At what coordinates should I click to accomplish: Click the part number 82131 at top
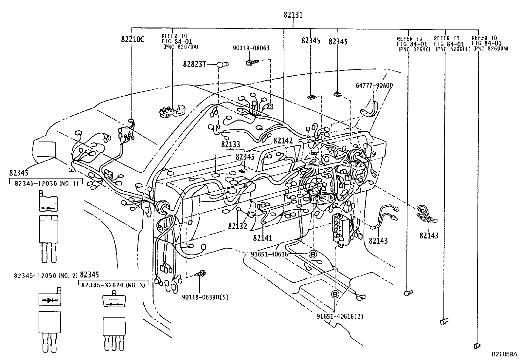293,15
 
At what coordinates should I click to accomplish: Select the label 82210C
133,40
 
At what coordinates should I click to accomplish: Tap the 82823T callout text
194,64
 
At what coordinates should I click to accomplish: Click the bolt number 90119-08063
251,48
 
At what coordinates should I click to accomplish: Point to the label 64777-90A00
374,85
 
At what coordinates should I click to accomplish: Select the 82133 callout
230,144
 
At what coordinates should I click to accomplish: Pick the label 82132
238,226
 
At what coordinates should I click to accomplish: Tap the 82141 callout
262,238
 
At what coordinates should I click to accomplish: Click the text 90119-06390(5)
205,297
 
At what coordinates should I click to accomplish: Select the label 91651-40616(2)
340,316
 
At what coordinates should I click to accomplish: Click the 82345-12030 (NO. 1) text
46,183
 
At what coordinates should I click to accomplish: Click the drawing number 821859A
504,354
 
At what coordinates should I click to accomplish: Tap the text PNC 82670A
181,47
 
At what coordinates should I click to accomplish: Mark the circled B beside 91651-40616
312,254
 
